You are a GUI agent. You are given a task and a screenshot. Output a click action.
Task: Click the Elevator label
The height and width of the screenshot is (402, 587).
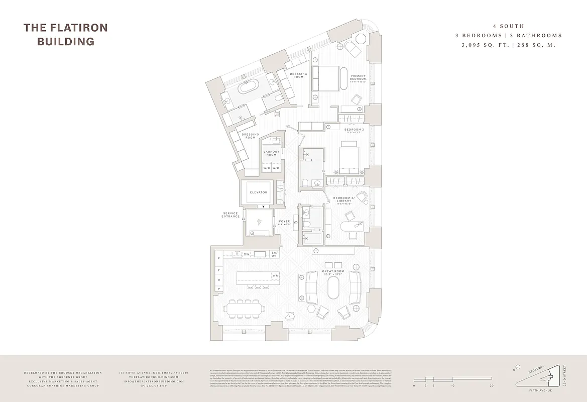[x=259, y=192]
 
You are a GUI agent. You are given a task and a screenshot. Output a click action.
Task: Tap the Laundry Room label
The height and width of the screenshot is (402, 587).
[x=271, y=153]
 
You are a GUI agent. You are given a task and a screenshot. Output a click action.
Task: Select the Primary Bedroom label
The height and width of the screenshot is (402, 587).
[x=358, y=78]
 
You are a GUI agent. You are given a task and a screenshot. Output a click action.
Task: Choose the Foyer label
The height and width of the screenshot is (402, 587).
[x=285, y=222]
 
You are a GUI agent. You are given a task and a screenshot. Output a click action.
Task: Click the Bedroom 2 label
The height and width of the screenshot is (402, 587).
[x=355, y=131]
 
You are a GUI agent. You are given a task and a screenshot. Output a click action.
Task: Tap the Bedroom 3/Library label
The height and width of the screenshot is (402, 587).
[x=344, y=199]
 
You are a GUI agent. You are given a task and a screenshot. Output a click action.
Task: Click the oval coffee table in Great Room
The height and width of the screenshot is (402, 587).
[x=333, y=290]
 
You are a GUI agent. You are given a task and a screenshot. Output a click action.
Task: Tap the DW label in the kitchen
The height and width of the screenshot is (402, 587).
[x=247, y=254]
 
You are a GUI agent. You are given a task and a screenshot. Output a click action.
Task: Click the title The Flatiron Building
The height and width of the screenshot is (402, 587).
[x=65, y=34]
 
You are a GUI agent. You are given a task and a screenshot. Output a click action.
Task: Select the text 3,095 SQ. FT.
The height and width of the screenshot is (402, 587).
[x=481, y=45]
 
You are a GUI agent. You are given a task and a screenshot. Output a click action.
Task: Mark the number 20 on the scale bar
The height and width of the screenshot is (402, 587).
[x=492, y=385]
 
